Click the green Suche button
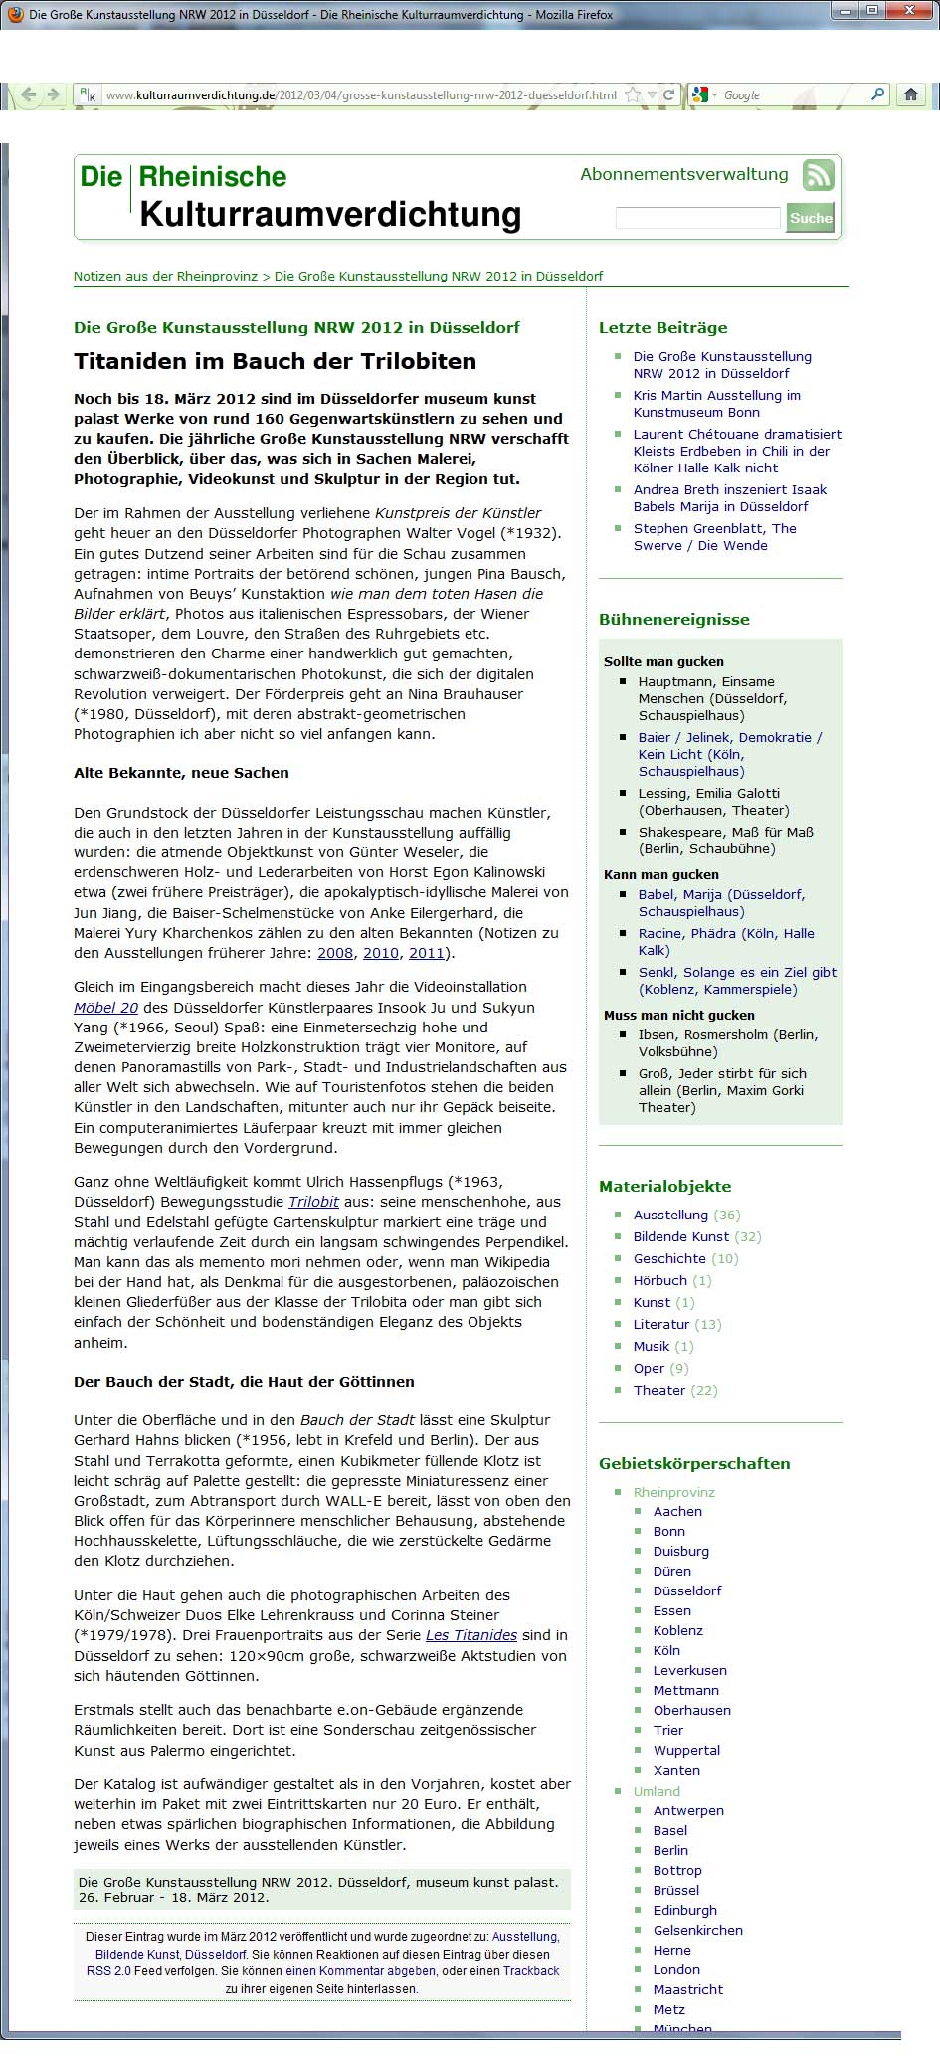click(x=810, y=218)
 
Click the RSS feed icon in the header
click(x=819, y=176)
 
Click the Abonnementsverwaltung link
click(x=683, y=175)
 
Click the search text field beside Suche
click(x=697, y=218)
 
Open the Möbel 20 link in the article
click(x=105, y=1007)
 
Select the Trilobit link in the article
click(x=313, y=1202)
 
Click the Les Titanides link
click(x=471, y=1635)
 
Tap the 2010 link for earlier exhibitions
click(x=380, y=953)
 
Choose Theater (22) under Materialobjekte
click(x=659, y=1390)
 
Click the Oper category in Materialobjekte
click(x=649, y=1368)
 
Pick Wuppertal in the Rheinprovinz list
click(x=686, y=1750)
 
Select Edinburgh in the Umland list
click(x=684, y=1910)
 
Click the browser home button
click(x=910, y=95)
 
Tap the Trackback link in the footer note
click(x=531, y=1970)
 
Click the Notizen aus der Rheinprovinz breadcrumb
click(x=165, y=276)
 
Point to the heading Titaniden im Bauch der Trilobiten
click(x=275, y=361)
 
